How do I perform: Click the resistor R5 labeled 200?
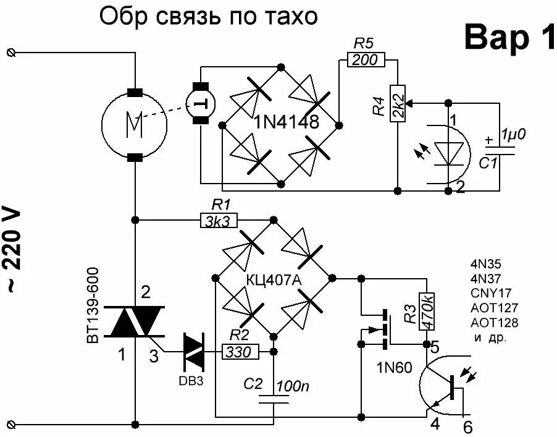click(x=367, y=59)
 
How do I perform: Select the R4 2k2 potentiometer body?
click(x=397, y=104)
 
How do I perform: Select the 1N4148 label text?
click(x=285, y=122)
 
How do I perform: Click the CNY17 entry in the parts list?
click(x=491, y=292)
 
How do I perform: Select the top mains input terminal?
click(x=9, y=53)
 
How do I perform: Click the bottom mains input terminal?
click(x=9, y=425)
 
